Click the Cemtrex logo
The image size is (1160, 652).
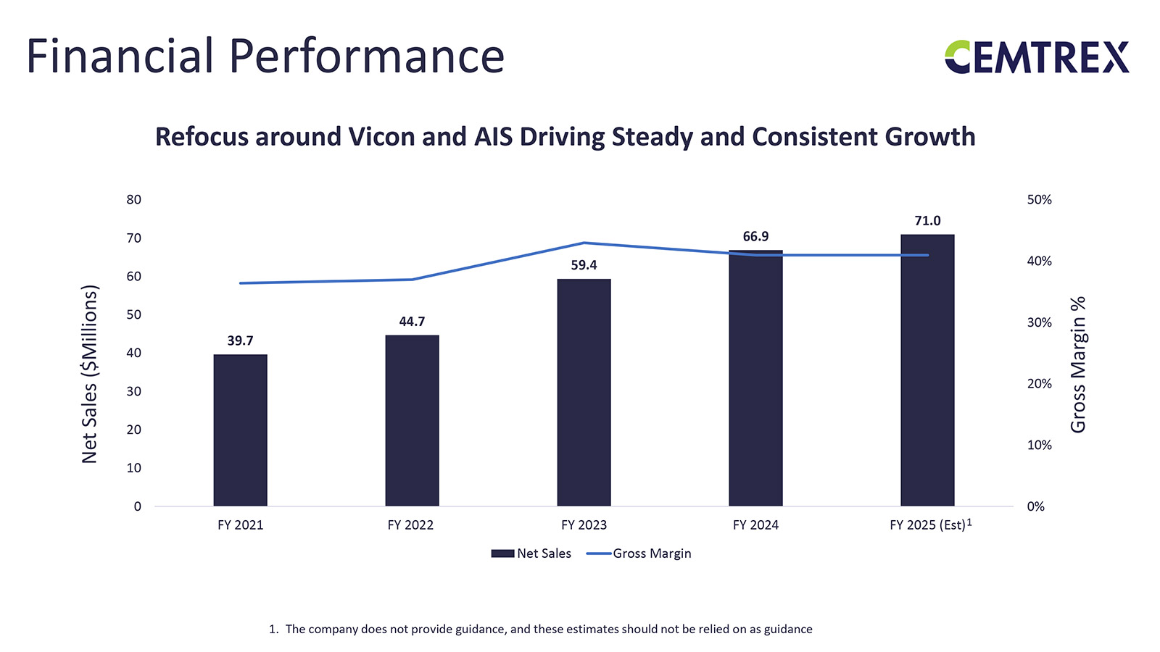click(1037, 57)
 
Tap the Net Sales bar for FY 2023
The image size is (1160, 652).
click(584, 392)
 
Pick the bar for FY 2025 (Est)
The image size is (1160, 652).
click(927, 369)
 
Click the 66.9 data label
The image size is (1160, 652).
click(755, 237)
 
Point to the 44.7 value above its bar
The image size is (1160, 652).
click(412, 322)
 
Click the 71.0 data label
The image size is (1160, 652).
click(927, 221)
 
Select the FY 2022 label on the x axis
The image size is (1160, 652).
click(410, 525)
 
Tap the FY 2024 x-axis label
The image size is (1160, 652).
click(755, 525)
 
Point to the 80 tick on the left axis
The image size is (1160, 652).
click(134, 200)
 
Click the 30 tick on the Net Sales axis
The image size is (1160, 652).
click(134, 391)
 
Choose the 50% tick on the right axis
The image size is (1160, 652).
click(1039, 200)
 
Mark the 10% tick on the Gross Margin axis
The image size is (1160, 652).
click(1039, 446)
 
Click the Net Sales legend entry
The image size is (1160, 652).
click(531, 553)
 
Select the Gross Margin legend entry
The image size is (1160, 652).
click(639, 553)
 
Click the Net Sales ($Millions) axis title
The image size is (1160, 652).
click(89, 374)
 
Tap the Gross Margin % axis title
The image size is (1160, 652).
click(1078, 364)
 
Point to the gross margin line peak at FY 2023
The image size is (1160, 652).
click(584, 243)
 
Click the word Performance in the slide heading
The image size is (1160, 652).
click(367, 57)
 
